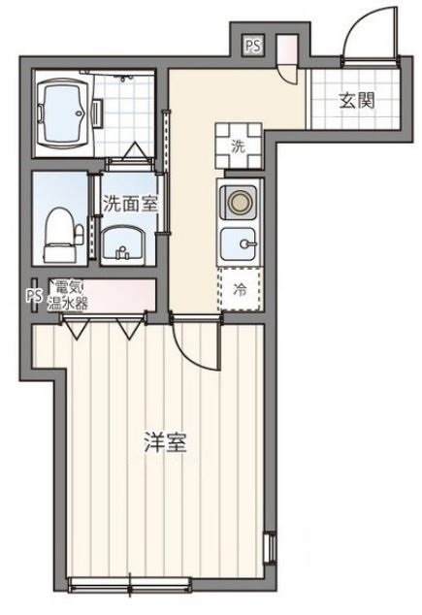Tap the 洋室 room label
tap(165, 445)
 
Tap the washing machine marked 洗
tap(238, 145)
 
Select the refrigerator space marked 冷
tap(240, 288)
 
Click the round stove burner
tap(239, 202)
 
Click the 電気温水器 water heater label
tap(70, 294)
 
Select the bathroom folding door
tap(136, 152)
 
